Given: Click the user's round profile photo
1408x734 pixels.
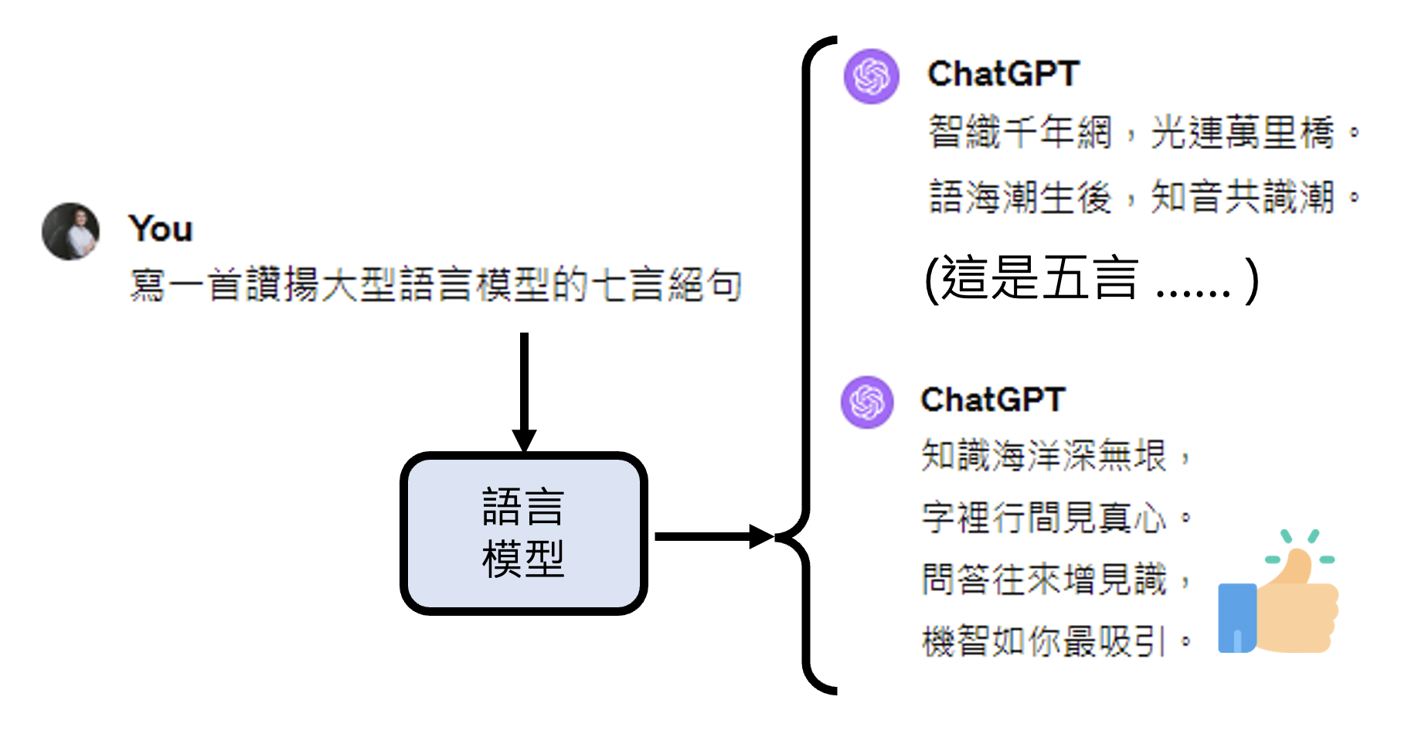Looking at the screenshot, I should coord(70,231).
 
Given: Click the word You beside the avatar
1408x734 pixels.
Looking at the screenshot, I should coord(161,229).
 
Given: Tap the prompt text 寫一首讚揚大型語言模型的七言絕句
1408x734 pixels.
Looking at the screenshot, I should coord(435,284).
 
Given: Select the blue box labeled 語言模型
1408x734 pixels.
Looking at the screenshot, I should coord(523,533).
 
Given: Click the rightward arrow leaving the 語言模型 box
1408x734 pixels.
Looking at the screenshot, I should coord(711,536).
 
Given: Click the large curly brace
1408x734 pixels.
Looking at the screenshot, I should coord(807,363).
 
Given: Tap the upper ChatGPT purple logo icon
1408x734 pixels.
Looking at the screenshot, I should coord(871,76).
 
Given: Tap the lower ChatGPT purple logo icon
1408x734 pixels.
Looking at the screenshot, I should coord(867,402).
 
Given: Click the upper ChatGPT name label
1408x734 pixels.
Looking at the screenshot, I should coord(1003,74).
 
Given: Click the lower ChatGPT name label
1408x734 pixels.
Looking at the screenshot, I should coord(993,400).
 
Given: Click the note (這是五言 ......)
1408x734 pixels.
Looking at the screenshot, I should coord(1090,279).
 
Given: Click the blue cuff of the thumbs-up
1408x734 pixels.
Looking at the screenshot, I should coord(1236,618).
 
